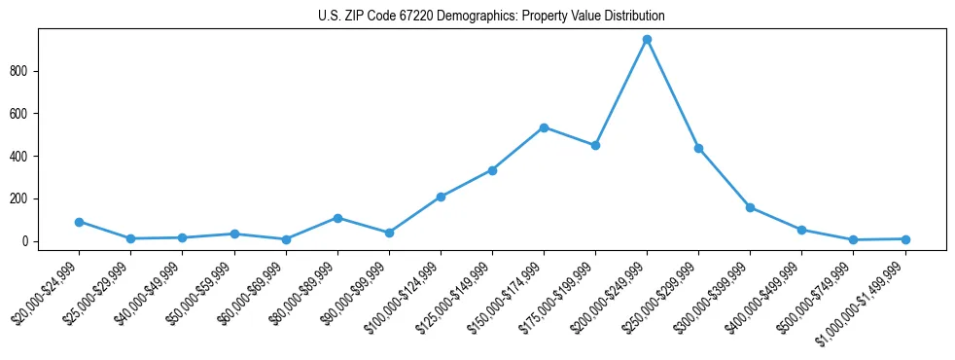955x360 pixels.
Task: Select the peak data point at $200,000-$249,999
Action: (x=647, y=40)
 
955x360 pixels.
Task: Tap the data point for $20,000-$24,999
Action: (x=79, y=222)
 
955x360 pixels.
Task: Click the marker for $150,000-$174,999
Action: (x=544, y=127)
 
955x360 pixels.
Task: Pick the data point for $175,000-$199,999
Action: (x=595, y=145)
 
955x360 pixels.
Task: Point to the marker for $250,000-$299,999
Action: (x=698, y=148)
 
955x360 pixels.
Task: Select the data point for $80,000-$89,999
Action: (x=337, y=218)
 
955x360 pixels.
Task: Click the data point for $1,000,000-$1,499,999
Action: (x=905, y=239)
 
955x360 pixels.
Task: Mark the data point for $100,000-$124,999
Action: (x=441, y=197)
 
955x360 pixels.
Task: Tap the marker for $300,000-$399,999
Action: (x=750, y=207)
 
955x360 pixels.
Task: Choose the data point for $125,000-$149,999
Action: (x=492, y=170)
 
